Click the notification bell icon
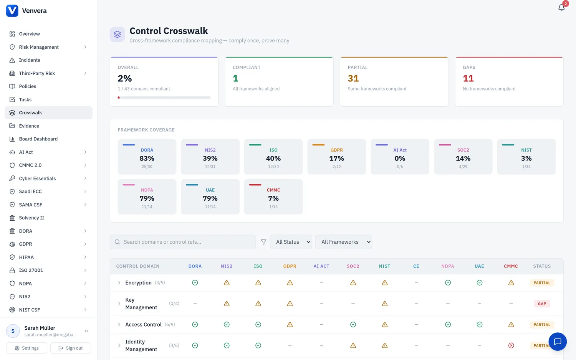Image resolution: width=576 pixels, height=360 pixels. tap(561, 8)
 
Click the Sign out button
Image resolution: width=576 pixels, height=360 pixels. tap(70, 348)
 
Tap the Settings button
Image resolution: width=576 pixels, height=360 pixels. tap(26, 348)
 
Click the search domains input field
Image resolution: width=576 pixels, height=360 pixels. tap(183, 242)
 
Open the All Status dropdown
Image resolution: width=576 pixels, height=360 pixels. tap(291, 242)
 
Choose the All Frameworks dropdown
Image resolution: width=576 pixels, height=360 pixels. tap(344, 242)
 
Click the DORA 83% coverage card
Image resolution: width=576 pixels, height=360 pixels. tap(147, 157)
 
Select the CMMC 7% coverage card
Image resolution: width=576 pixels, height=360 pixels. tap(273, 197)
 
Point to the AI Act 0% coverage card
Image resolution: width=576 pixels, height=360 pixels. tap(400, 157)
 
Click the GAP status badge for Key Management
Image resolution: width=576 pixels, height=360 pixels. tap(542, 304)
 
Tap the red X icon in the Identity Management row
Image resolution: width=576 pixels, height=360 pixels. tap(511, 345)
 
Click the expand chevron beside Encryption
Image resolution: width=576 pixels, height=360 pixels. tap(119, 282)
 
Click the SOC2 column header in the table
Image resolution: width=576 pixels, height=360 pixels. tap(353, 266)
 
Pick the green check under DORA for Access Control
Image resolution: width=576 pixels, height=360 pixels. tap(195, 325)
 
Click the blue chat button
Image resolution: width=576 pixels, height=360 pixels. tap(558, 342)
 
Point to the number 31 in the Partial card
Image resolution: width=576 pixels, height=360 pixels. tap(353, 78)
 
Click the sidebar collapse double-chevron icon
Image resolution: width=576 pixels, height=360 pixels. tap(86, 331)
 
